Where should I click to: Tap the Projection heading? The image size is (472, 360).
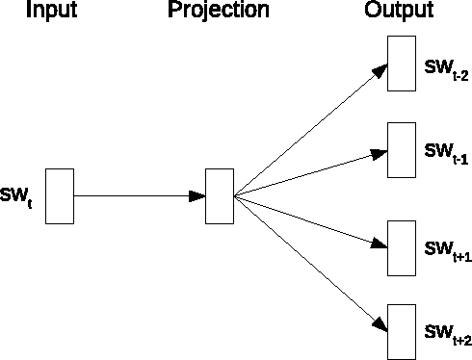click(219, 12)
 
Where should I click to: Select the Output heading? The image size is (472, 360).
click(399, 12)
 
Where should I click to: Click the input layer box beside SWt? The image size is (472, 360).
click(60, 196)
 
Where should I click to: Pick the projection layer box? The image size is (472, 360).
click(220, 196)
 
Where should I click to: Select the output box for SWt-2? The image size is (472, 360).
click(401, 64)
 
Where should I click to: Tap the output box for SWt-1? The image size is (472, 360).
click(401, 149)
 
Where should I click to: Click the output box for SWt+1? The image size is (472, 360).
click(401, 249)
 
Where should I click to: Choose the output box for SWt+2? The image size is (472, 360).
click(401, 330)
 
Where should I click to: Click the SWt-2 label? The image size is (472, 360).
click(446, 71)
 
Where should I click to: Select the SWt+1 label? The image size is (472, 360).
click(447, 251)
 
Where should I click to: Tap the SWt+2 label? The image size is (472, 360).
click(447, 334)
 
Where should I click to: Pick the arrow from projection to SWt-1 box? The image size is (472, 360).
click(308, 173)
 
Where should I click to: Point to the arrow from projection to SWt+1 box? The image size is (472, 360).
click(308, 220)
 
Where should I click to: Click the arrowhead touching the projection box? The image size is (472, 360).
click(197, 196)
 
